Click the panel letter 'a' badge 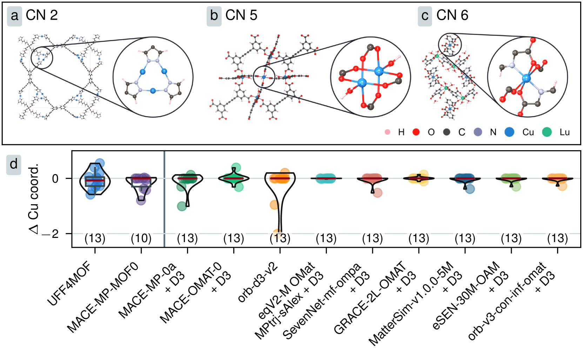(x=14, y=16)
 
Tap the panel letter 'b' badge (x=214, y=16)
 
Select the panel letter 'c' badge (x=425, y=16)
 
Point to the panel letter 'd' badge (x=14, y=164)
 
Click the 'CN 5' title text (x=241, y=15)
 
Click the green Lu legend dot (x=547, y=132)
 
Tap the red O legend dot (x=416, y=132)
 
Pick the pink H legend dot (x=387, y=132)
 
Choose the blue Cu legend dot (x=509, y=132)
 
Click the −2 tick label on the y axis (x=50, y=234)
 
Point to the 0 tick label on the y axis (x=55, y=179)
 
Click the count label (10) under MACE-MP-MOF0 (x=141, y=239)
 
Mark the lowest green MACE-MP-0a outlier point (x=182, y=206)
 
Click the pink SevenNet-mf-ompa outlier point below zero (x=377, y=193)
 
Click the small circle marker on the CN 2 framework (x=42, y=58)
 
